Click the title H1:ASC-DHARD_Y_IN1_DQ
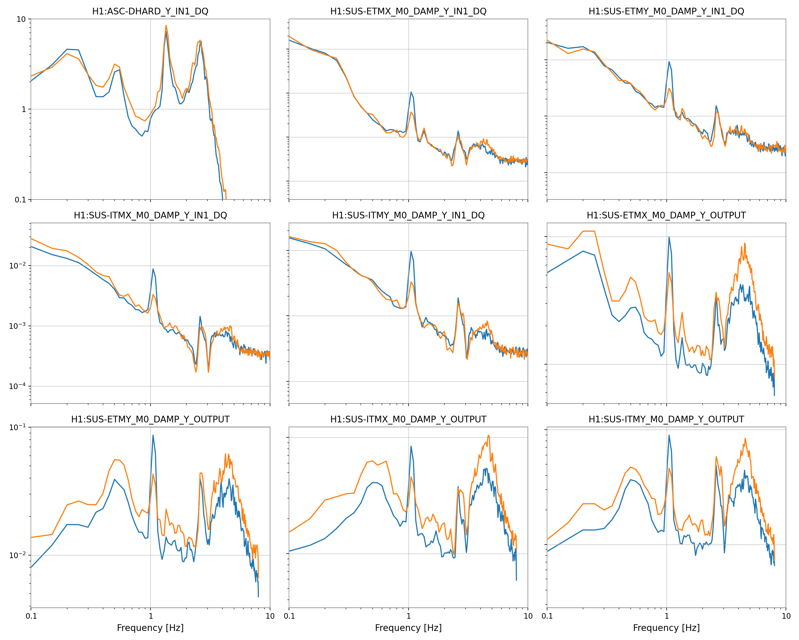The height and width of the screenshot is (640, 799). point(150,11)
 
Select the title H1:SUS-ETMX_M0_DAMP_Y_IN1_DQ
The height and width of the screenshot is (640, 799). point(408,11)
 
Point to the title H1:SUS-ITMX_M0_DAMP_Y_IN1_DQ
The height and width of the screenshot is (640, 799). point(150,215)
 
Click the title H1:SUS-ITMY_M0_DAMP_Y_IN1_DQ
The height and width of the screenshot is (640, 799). point(408,215)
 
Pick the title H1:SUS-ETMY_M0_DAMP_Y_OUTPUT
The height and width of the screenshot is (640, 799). point(150,420)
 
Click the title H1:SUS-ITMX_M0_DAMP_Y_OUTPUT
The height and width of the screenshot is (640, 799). point(408,420)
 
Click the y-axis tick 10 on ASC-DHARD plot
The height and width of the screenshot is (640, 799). point(21,19)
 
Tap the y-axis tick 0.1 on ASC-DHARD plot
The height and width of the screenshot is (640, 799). point(21,200)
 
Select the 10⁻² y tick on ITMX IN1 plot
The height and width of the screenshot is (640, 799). point(17,266)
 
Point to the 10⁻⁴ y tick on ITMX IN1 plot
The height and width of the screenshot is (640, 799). point(17,386)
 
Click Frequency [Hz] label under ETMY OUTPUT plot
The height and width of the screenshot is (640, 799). point(150,628)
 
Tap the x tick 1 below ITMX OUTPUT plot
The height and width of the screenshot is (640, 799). point(408,616)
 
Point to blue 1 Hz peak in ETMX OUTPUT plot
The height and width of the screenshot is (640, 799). point(669,237)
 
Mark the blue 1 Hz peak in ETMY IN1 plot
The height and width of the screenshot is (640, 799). point(669,62)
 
